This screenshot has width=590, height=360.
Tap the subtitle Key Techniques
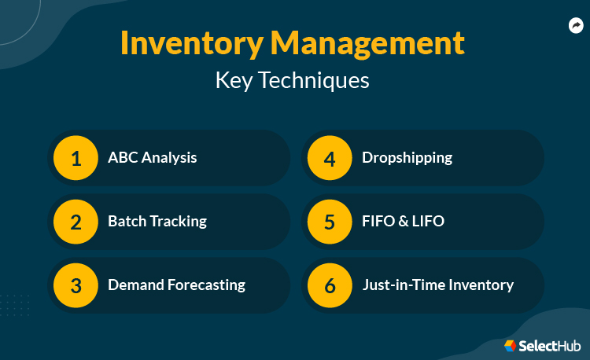point(292,80)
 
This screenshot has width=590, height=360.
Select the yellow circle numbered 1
point(76,158)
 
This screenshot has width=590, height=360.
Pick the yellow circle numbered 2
point(76,222)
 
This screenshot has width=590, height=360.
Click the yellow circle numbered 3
point(76,285)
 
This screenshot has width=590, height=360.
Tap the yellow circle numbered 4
point(330,158)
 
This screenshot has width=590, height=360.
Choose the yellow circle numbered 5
point(330,222)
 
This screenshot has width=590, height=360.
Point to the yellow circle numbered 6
point(330,285)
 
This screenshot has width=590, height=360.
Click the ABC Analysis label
point(153,158)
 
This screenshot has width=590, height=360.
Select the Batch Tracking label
point(157,222)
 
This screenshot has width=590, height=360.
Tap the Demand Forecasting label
point(176,285)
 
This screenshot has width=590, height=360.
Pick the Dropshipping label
point(407,158)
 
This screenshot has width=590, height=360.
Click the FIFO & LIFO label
point(403,222)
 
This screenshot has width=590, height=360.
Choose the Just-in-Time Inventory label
point(437,285)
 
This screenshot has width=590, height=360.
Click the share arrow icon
point(576,27)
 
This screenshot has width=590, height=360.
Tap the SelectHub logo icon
point(511,345)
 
